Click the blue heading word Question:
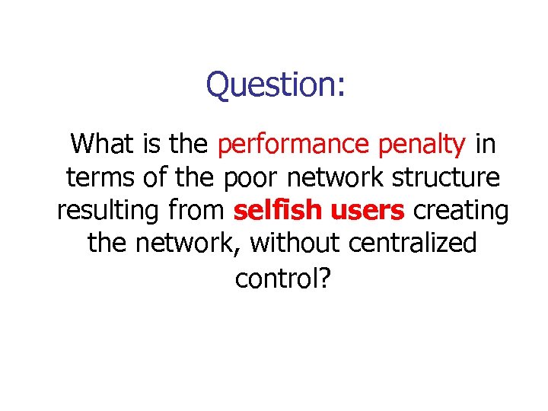click(276, 84)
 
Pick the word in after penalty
click(486, 142)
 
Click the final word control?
click(282, 279)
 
